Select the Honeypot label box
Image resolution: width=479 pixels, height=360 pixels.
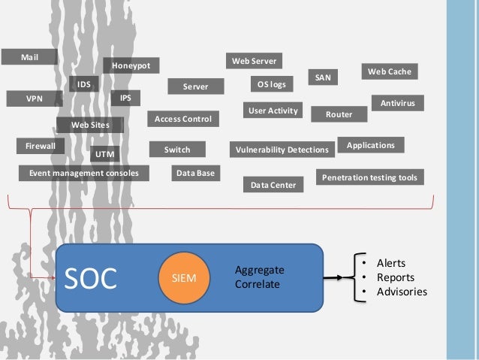(131, 66)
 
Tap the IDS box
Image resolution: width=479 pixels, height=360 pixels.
(84, 85)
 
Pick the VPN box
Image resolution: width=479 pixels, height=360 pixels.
(34, 98)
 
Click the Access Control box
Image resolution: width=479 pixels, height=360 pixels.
(183, 119)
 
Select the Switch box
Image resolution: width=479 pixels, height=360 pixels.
(177, 150)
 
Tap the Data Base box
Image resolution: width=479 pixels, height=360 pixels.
(194, 174)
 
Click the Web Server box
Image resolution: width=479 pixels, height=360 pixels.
(254, 60)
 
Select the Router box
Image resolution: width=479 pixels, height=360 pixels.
(339, 114)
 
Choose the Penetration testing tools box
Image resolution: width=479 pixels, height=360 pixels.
(369, 177)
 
